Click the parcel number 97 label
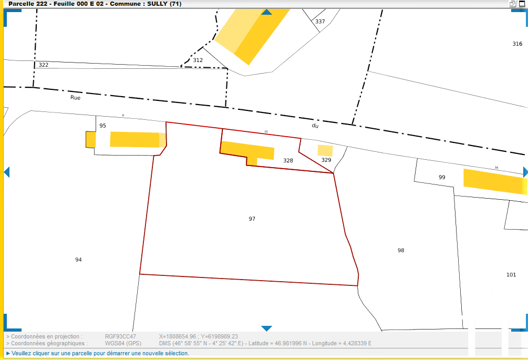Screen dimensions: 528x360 click(x=252, y=219)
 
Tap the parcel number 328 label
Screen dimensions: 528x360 click(x=288, y=161)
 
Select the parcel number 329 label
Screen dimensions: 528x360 click(x=326, y=160)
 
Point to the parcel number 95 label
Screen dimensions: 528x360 click(x=102, y=126)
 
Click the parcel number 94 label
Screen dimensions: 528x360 click(x=78, y=260)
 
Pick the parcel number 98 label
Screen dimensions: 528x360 click(x=401, y=250)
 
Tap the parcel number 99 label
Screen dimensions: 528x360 click(x=442, y=177)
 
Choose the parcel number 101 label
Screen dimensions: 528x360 click(x=511, y=275)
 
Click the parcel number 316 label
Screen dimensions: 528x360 click(x=517, y=44)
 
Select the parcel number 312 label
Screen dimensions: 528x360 click(x=198, y=60)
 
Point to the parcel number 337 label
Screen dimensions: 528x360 click(x=320, y=22)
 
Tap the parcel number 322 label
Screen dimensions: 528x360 click(x=44, y=65)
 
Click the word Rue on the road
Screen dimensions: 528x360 click(x=76, y=97)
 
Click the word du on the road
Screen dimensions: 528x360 click(x=315, y=126)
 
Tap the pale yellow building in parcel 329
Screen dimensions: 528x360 click(x=325, y=150)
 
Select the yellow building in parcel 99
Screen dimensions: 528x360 click(x=494, y=181)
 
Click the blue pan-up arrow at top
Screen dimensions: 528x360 click(x=267, y=12)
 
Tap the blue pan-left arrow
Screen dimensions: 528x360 click(x=7, y=172)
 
